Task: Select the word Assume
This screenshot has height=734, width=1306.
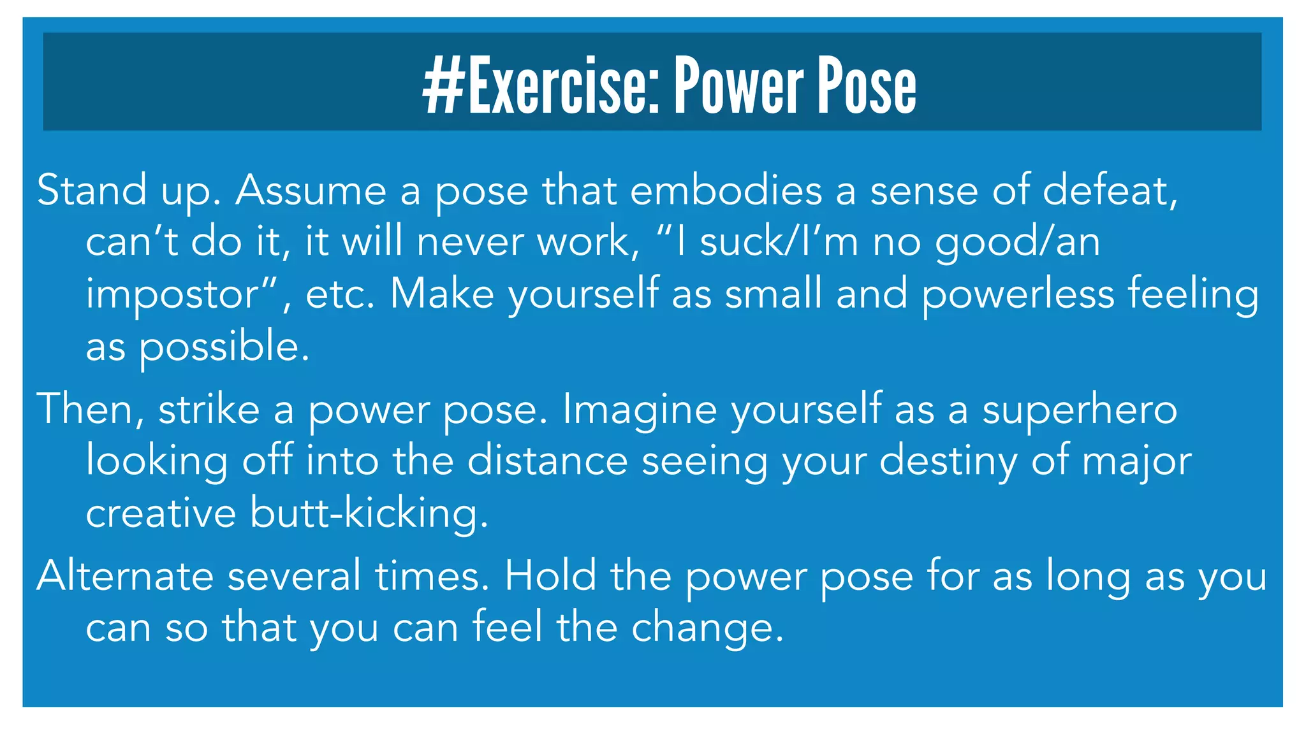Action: click(x=311, y=190)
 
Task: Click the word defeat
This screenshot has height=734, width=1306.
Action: click(x=1110, y=190)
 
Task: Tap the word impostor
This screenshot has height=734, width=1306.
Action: click(x=180, y=294)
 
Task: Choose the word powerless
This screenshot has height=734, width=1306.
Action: click(x=1018, y=294)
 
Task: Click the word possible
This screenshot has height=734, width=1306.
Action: click(x=224, y=347)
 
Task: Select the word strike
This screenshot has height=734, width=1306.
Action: click(x=209, y=409)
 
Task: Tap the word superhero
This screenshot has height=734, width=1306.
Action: click(x=1080, y=409)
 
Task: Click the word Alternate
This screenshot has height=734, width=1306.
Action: click(x=125, y=575)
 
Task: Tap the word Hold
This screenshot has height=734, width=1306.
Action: click(x=550, y=575)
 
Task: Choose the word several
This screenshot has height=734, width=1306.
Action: click(x=294, y=575)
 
